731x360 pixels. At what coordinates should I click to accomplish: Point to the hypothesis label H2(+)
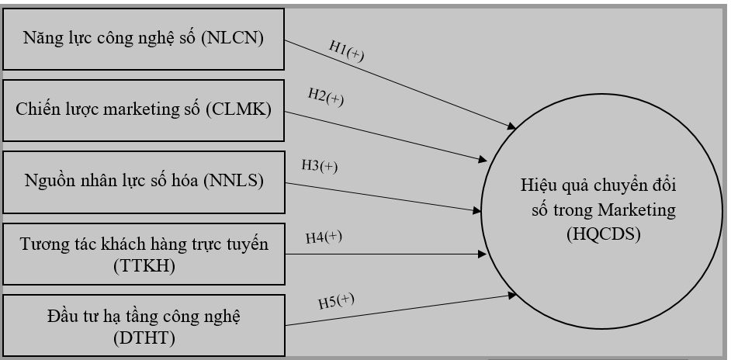[x=325, y=99]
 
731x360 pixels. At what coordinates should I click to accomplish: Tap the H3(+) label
[x=320, y=165]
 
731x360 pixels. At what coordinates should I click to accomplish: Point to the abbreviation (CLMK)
[x=239, y=109]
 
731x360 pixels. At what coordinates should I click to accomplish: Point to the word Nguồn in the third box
[x=47, y=181]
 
